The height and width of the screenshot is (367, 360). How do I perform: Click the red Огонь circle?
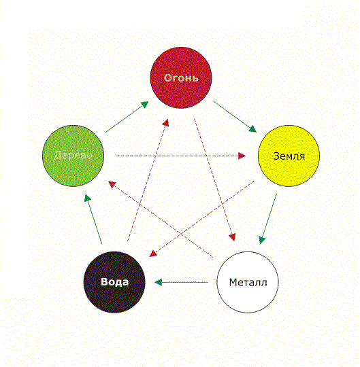click(181, 77)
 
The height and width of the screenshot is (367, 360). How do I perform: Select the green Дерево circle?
click(73, 156)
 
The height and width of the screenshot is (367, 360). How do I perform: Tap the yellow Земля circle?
click(289, 156)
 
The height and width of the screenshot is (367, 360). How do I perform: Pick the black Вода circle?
click(114, 282)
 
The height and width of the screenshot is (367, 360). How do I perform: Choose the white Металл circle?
click(248, 282)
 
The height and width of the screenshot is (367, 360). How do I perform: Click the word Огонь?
click(181, 78)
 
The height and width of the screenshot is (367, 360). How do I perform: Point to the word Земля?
click(289, 156)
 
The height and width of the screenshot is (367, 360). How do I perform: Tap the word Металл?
click(248, 283)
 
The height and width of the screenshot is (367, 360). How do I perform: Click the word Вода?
click(114, 282)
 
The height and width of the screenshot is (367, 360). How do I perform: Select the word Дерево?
click(73, 155)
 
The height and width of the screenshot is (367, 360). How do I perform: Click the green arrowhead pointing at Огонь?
click(144, 104)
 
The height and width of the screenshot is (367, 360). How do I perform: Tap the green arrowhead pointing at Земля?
click(252, 129)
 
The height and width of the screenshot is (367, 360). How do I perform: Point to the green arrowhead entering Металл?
click(262, 240)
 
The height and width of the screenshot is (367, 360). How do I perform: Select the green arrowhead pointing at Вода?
click(159, 282)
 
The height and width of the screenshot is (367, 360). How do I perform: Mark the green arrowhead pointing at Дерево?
click(87, 198)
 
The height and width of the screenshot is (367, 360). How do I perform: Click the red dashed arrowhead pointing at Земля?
click(242, 156)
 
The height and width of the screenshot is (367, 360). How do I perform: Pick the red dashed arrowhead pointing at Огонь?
click(166, 122)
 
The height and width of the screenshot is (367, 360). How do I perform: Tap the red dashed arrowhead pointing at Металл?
click(232, 237)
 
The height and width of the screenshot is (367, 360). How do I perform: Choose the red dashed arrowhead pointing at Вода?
click(153, 254)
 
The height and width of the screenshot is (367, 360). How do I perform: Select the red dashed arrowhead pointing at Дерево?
click(112, 184)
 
